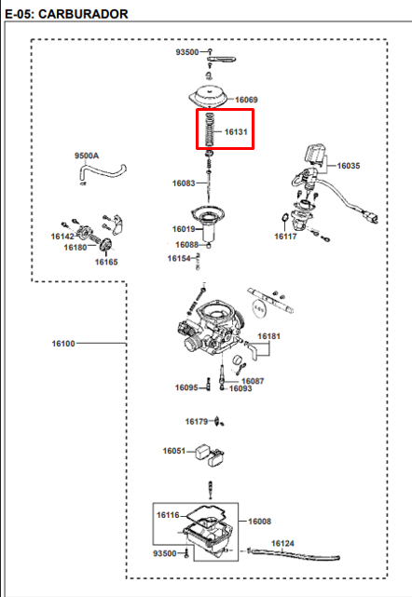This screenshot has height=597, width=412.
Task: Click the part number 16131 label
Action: point(236,131)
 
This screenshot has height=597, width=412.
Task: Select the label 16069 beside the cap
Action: point(246,100)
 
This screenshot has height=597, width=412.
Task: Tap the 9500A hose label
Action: point(87,156)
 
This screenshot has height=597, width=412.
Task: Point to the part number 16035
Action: point(349,166)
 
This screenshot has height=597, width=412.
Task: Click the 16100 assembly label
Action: point(63,344)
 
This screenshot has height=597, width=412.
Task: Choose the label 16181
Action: point(268,336)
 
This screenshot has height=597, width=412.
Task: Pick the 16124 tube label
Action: point(282,543)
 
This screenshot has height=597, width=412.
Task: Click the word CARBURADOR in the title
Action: point(83,14)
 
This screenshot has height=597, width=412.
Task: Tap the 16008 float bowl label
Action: point(259,522)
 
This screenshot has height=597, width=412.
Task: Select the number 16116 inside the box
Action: point(168,515)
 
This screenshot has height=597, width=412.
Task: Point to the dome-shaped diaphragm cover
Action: point(208,98)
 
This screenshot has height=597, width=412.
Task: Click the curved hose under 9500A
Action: point(103,173)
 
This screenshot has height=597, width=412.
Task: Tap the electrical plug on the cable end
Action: point(370,217)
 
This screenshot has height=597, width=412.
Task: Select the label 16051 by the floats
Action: point(173,451)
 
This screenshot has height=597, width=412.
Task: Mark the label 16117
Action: point(285,237)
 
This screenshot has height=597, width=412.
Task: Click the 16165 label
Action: point(106,262)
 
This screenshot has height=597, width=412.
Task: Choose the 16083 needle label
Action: point(184,183)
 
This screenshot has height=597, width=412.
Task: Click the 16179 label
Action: point(197,422)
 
